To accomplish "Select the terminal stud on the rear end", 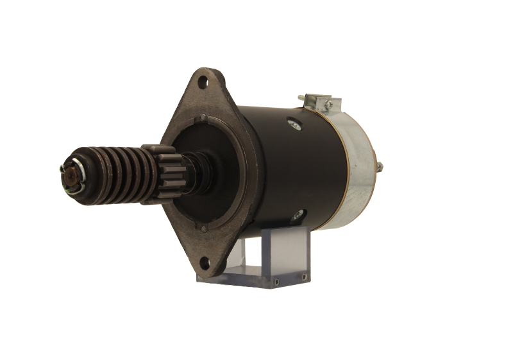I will [x=381, y=167].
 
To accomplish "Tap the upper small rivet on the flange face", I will [x=203, y=117].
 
